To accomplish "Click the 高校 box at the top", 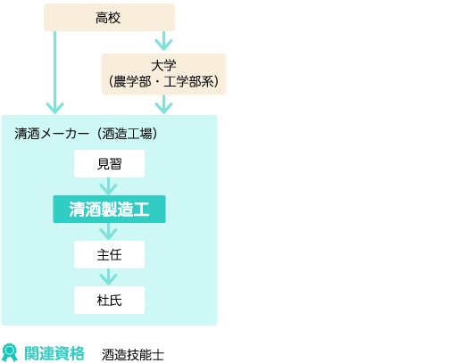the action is [109, 17].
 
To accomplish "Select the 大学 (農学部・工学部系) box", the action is [163, 74].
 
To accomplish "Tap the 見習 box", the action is [109, 163].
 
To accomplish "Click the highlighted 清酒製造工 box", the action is [109, 209].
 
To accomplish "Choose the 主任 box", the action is [109, 255].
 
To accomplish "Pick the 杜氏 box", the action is [109, 300].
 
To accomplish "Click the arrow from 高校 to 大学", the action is [163, 41].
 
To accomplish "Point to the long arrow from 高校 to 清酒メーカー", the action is [54, 72].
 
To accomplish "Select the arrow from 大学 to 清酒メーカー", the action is [163, 104].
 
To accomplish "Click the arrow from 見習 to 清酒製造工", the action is [108, 186].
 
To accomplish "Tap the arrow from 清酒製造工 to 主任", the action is [108, 232].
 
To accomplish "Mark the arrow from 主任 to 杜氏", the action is [108, 277].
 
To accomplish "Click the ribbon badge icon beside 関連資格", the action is [10, 353].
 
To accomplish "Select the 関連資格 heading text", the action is [54, 353].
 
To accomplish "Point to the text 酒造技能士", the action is [133, 355].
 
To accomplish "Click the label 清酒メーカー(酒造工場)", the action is [86, 134].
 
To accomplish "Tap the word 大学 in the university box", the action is [163, 66].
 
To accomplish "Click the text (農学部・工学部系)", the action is [163, 81].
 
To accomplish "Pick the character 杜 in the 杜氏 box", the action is [103, 301].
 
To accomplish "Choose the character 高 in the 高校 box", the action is [102, 18].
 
